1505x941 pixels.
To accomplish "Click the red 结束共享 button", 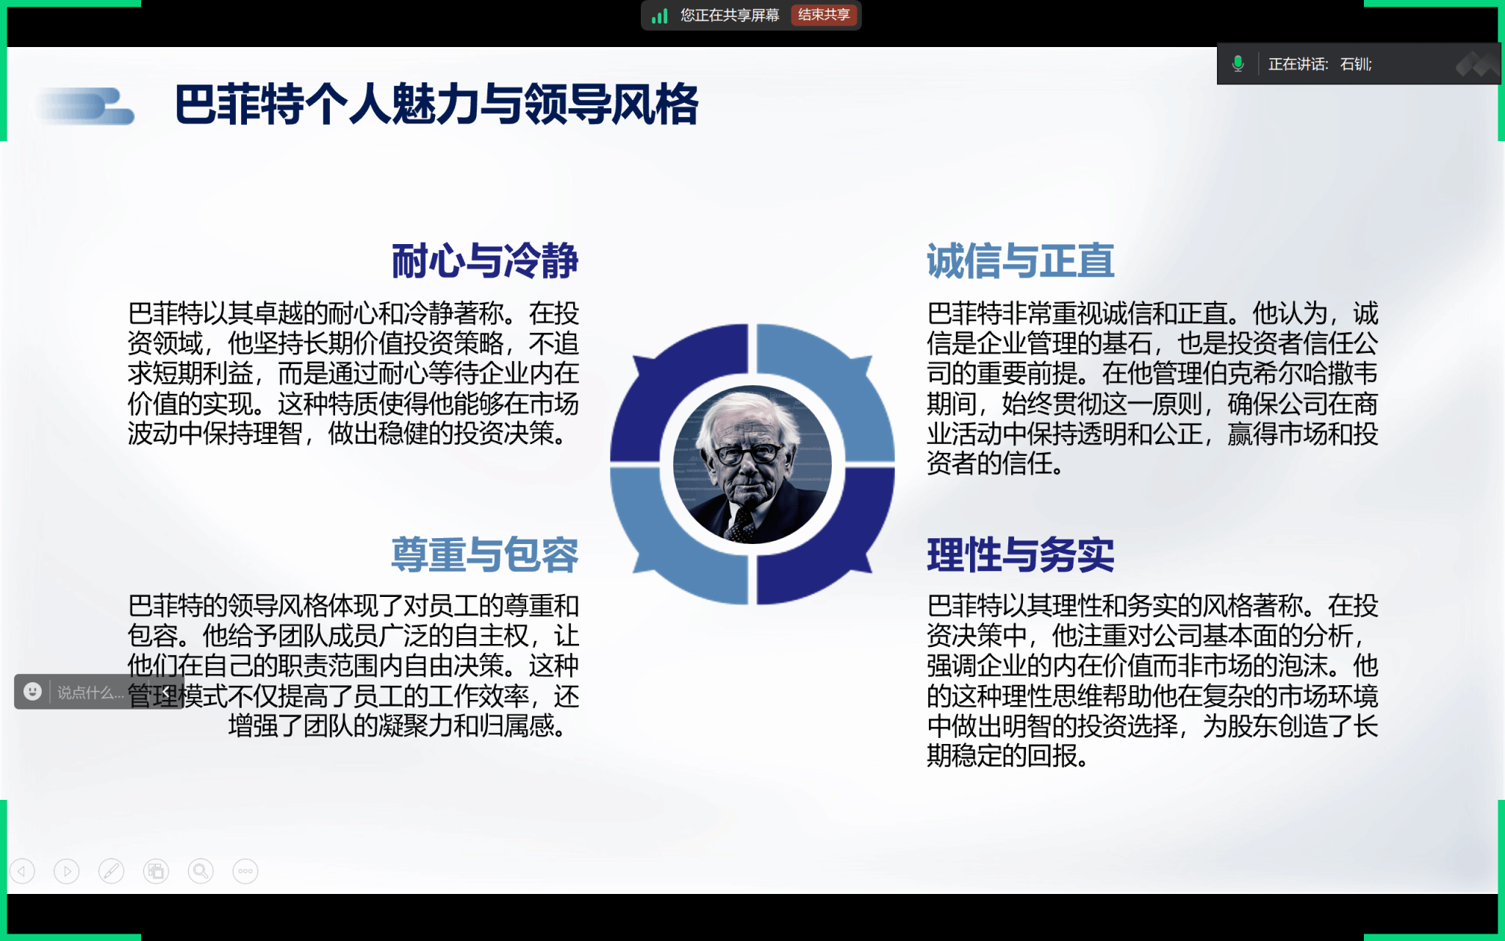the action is point(824,15).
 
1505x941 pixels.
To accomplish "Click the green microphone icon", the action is point(1238,64).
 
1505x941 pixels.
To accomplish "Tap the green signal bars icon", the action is point(659,15).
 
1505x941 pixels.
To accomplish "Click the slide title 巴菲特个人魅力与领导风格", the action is point(437,104).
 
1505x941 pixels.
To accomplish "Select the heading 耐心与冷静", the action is point(485,261).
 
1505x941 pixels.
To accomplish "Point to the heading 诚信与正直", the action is point(1021,261).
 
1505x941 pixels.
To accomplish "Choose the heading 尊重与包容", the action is point(485,554).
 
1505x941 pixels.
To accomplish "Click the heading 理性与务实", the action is point(1021,554).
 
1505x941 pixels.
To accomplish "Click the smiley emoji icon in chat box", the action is point(32,691).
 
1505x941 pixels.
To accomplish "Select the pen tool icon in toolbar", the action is point(111,871).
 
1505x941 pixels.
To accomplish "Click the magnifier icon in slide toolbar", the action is point(201,871).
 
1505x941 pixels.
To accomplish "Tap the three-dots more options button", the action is point(245,871).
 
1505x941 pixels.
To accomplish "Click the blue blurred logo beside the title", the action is point(87,106).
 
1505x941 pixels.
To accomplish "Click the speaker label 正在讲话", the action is point(1298,65).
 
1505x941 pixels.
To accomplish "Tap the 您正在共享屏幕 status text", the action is point(730,15).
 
